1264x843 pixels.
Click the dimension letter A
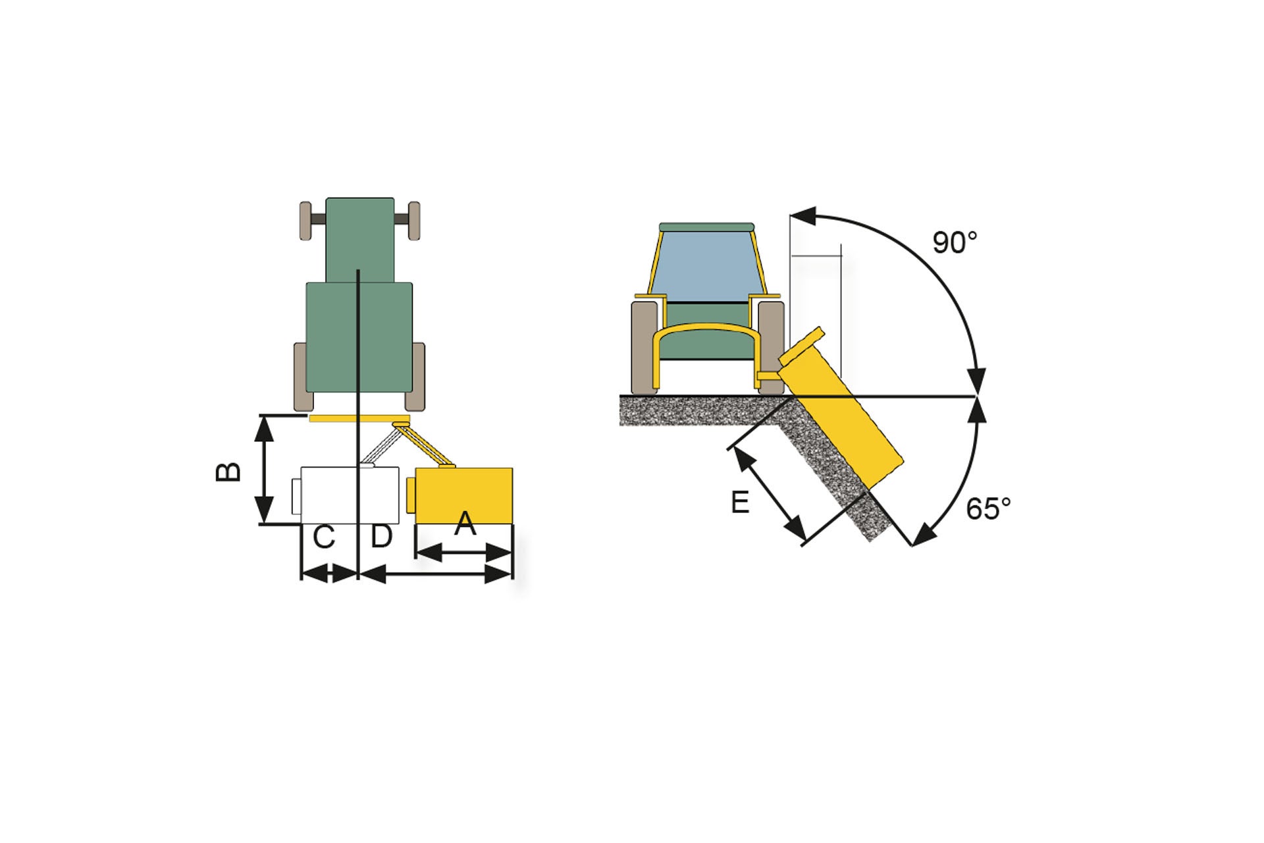tap(465, 524)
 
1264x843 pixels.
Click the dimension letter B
tap(228, 472)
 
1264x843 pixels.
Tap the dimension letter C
tap(324, 537)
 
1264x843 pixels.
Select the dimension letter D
tap(382, 537)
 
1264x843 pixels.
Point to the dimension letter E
tap(740, 503)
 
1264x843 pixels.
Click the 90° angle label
tap(955, 243)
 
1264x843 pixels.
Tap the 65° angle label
tap(988, 509)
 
